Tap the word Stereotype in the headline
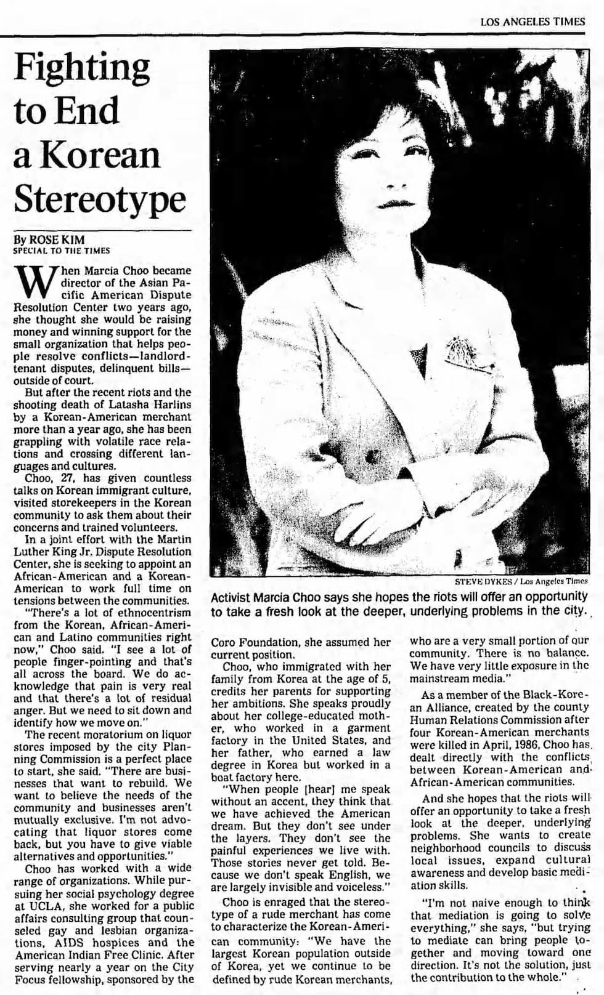tap(99, 198)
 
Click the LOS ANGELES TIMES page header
tap(533, 22)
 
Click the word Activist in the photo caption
tap(234, 597)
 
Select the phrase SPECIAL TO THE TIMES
tap(62, 251)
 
